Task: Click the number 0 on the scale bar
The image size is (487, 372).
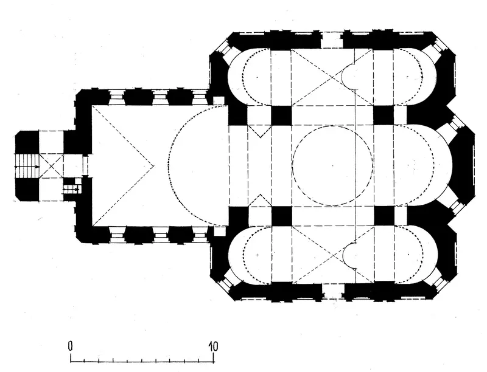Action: point(71,346)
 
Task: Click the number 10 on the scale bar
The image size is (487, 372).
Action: point(213,346)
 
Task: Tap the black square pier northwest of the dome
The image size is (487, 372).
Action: point(281,115)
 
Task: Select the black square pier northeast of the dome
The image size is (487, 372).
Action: point(384,115)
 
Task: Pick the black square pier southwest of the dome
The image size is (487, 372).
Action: point(282,216)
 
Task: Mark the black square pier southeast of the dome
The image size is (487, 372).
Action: point(384,216)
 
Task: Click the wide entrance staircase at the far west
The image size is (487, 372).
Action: point(27,167)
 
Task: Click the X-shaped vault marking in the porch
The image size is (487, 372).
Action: point(52,166)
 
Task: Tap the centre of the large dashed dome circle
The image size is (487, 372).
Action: point(332,165)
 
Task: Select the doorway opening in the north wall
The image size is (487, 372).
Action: point(332,40)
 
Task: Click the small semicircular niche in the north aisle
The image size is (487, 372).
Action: point(348,75)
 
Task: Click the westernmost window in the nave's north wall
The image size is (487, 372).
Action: point(116,97)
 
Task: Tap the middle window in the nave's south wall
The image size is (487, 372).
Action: point(161,235)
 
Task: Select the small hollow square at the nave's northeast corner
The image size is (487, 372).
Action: point(219,100)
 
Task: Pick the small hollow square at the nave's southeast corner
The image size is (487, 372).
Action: point(219,230)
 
